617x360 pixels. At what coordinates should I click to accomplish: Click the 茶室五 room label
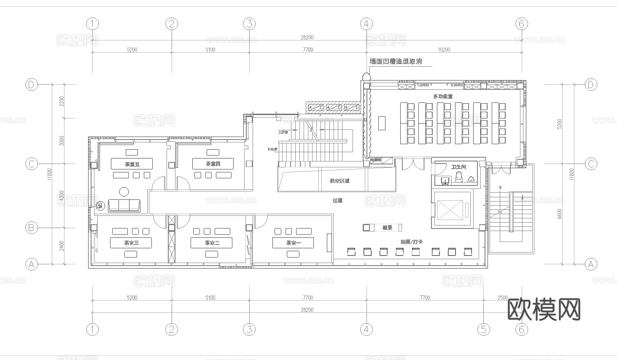click(x=132, y=164)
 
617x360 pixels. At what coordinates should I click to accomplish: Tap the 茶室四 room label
click(x=213, y=164)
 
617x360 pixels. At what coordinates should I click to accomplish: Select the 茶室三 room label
click(x=131, y=243)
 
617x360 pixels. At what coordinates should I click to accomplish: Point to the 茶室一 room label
click(x=294, y=243)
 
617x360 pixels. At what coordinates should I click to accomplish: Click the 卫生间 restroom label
click(x=458, y=167)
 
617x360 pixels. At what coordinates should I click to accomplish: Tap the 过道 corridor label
click(x=337, y=200)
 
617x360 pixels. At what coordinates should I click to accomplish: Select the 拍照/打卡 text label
click(x=412, y=242)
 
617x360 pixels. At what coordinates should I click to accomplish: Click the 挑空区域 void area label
click(x=339, y=181)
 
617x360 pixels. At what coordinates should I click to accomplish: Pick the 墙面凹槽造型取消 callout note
click(x=396, y=62)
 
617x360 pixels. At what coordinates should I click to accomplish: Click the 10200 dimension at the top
click(x=444, y=50)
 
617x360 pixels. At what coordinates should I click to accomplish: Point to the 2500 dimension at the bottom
click(x=503, y=298)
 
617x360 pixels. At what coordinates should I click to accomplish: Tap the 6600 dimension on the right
click(x=559, y=214)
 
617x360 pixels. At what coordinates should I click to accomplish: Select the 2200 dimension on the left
click(x=62, y=102)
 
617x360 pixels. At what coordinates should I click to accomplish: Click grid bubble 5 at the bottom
click(x=484, y=329)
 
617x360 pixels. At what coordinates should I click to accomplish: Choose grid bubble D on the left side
click(x=31, y=85)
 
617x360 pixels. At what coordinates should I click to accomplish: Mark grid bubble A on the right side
click(x=590, y=264)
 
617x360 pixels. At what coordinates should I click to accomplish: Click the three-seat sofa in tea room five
click(x=124, y=205)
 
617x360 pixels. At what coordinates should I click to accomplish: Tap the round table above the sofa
click(x=124, y=192)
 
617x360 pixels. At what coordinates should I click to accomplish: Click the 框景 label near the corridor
click(x=387, y=228)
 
